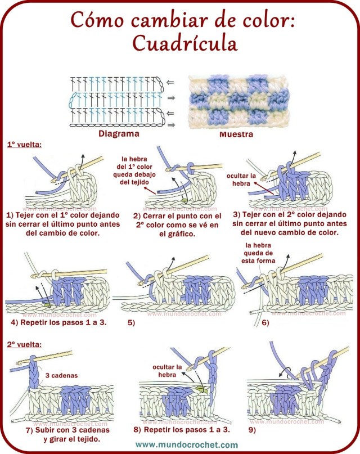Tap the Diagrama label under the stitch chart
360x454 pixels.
click(119, 134)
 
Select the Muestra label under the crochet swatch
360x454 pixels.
click(236, 135)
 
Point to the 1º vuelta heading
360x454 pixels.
click(24, 145)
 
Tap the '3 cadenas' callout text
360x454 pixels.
click(61, 374)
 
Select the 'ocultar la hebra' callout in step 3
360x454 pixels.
click(241, 179)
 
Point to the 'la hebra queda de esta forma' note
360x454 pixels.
click(259, 253)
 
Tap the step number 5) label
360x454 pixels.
click(131, 323)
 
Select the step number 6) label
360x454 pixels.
click(264, 323)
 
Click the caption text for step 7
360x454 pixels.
click(63, 434)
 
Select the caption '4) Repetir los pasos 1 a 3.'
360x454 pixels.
click(58, 323)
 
